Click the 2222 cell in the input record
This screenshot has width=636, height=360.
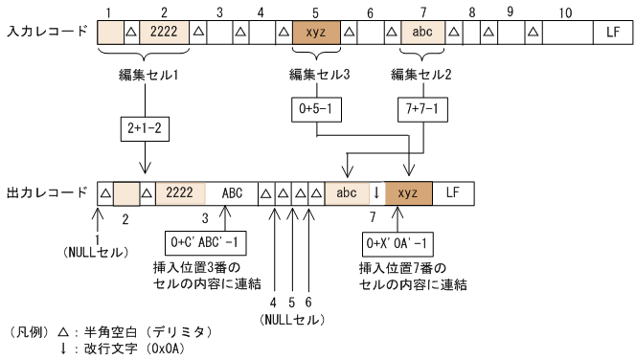click(164, 32)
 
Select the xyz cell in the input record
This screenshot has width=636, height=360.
click(315, 32)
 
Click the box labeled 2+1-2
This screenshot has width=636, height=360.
click(141, 126)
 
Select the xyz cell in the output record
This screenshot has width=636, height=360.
click(408, 192)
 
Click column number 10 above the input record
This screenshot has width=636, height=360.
click(566, 11)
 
